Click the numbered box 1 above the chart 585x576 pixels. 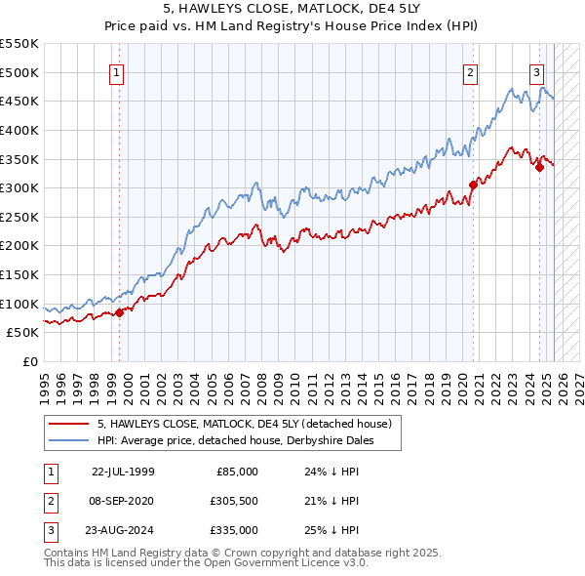pyautogui.click(x=117, y=71)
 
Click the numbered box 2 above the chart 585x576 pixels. pyautogui.click(x=470, y=71)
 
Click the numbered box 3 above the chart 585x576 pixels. pyautogui.click(x=536, y=71)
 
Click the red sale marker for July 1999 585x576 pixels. pyautogui.click(x=120, y=312)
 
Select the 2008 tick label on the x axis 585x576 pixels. pyautogui.click(x=261, y=381)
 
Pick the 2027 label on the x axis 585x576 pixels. pyautogui.click(x=578, y=381)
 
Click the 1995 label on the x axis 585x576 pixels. pyautogui.click(x=45, y=381)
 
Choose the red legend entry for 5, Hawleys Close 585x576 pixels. pyautogui.click(x=244, y=424)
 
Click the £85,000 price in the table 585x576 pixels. pyautogui.click(x=237, y=471)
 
